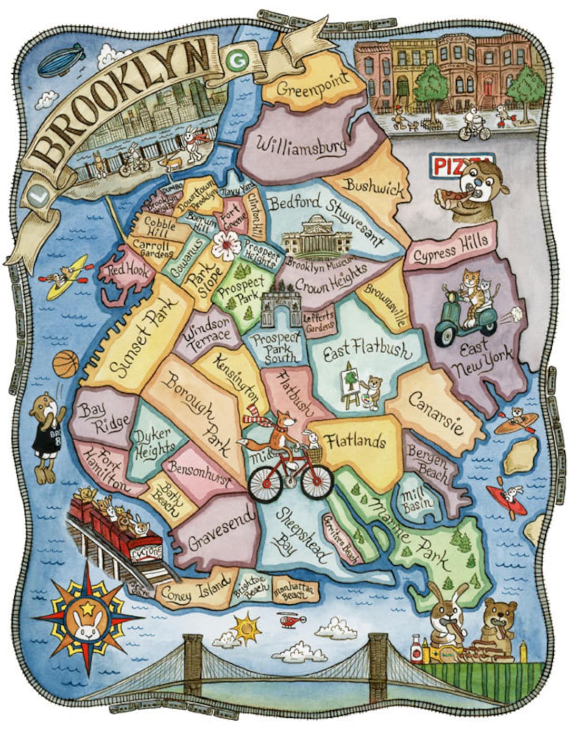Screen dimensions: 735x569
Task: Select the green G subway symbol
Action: pyautogui.click(x=231, y=61)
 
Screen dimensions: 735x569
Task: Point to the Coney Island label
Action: pyautogui.click(x=195, y=588)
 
